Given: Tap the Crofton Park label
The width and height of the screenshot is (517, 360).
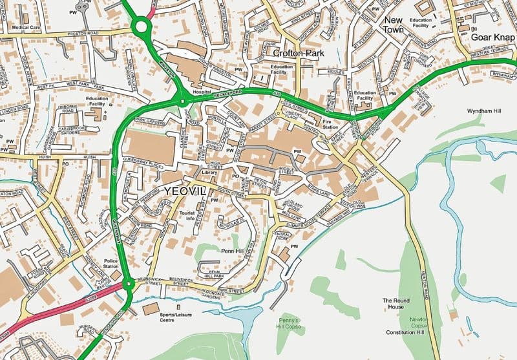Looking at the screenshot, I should point(298,54).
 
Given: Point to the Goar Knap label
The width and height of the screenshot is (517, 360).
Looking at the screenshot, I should point(492,37).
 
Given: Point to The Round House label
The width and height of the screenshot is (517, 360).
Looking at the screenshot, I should point(397,304).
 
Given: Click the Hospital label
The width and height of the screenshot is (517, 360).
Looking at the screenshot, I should point(201,92).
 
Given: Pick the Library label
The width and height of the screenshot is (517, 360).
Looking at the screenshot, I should point(209,173).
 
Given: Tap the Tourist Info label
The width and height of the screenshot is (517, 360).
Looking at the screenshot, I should point(187,216).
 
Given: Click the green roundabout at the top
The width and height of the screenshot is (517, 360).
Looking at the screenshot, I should point(141,26).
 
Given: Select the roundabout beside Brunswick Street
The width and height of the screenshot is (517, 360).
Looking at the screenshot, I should point(129,283).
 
